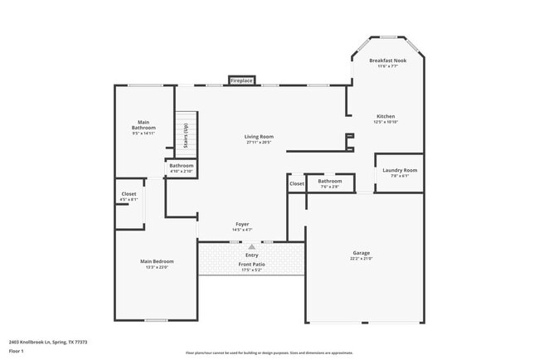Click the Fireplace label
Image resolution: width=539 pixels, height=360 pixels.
tap(241, 81)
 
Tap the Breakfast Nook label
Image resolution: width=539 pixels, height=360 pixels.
tap(387, 61)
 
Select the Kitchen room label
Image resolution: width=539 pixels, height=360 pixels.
tap(386, 116)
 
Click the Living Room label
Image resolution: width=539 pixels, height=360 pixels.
tap(259, 137)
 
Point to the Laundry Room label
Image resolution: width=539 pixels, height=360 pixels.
tap(400, 170)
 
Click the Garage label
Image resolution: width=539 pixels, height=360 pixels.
tap(362, 253)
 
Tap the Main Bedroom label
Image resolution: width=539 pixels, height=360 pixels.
tap(157, 261)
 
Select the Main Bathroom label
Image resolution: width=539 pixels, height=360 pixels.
tap(143, 125)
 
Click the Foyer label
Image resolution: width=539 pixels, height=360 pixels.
tap(242, 224)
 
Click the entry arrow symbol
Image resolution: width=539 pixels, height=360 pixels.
tap(251, 246)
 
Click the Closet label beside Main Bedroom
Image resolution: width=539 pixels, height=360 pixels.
tap(129, 194)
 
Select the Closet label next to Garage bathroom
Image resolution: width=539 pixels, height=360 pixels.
tap(297, 183)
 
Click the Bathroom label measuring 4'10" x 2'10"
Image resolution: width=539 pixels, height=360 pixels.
tap(182, 166)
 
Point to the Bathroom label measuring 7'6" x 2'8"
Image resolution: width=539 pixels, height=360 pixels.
tap(329, 181)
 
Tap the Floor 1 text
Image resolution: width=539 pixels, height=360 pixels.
tap(16, 352)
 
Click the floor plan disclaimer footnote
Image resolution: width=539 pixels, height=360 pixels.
tap(269, 353)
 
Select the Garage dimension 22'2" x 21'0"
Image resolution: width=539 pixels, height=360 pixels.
tap(362, 258)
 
